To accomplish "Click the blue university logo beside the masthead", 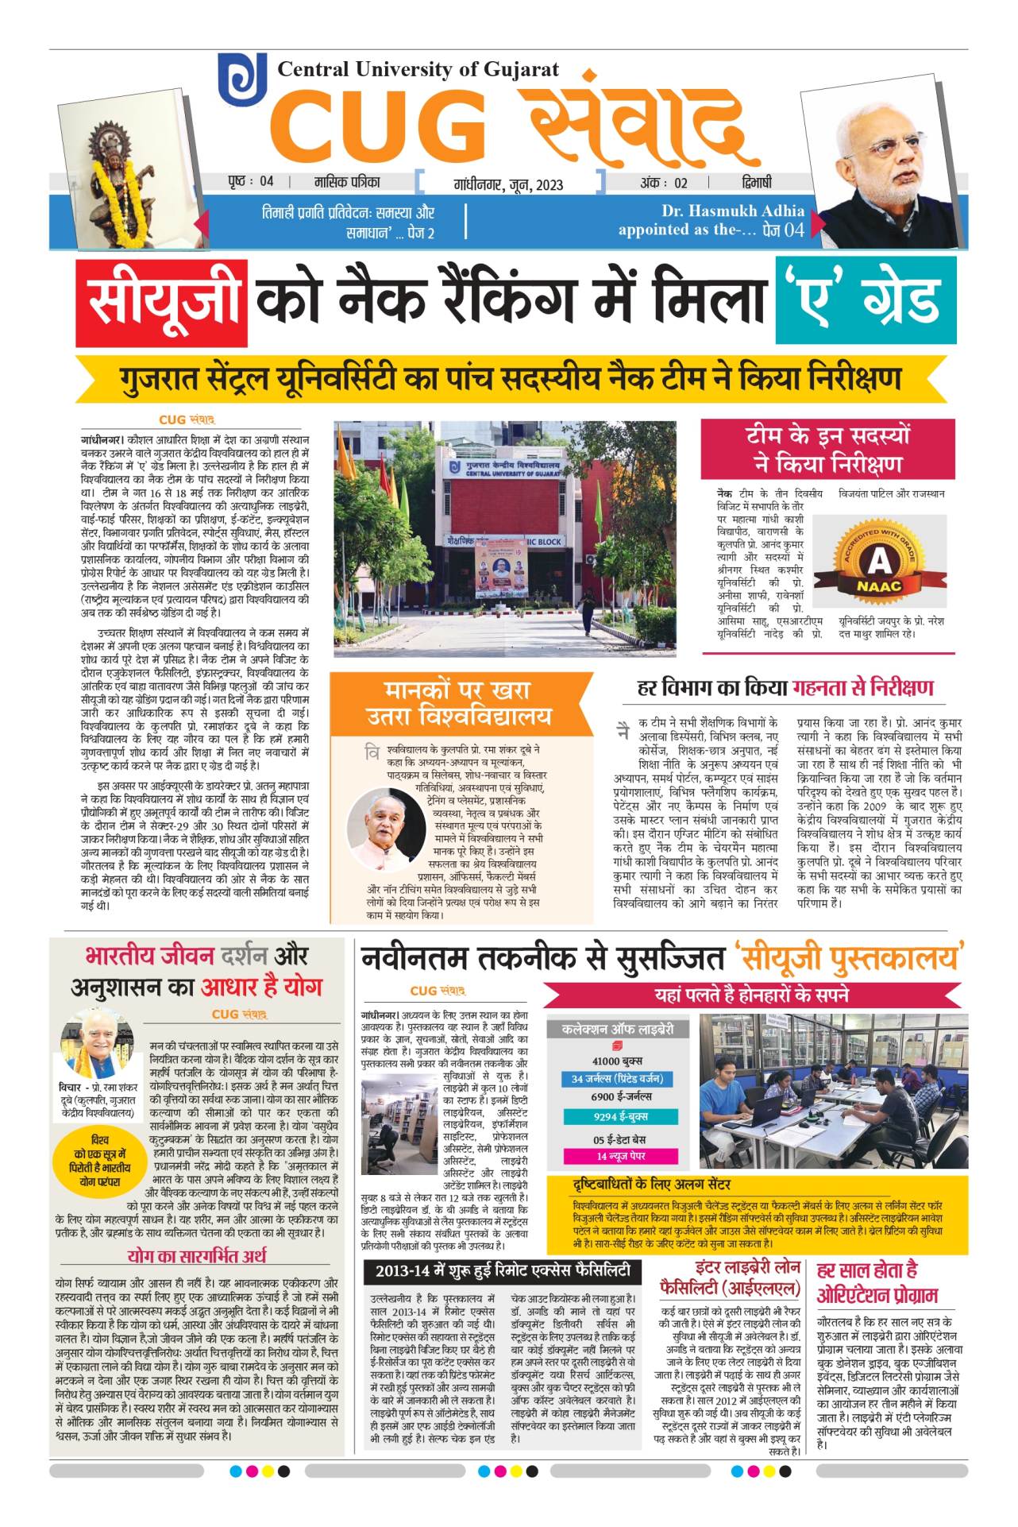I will pyautogui.click(x=242, y=80).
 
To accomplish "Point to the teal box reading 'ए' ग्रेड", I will pyautogui.click(x=865, y=300).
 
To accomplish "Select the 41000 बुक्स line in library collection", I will pyautogui.click(x=617, y=1061).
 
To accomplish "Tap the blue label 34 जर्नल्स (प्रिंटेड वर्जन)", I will pyautogui.click(x=617, y=1078).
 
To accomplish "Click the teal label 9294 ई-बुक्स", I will pyautogui.click(x=620, y=1116).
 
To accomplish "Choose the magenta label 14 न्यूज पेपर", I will pyautogui.click(x=620, y=1155).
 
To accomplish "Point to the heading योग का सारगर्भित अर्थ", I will pyautogui.click(x=197, y=1256).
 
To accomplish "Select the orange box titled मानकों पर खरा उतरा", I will pyautogui.click(x=458, y=703).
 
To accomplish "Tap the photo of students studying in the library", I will pyautogui.click(x=833, y=1089).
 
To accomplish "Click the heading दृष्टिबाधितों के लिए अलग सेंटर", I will pyautogui.click(x=651, y=1185).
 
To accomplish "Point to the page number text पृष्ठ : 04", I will pyautogui.click(x=250, y=182).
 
